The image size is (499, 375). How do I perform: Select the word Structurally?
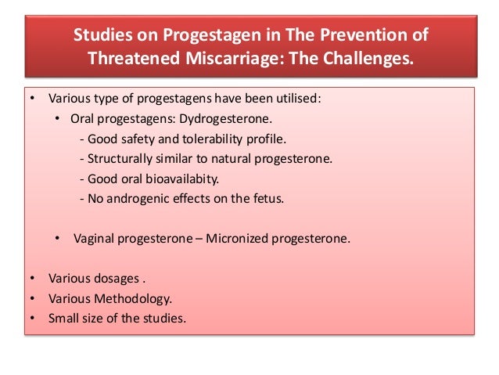coord(116,159)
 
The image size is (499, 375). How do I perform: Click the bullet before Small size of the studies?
coord(31,319)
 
